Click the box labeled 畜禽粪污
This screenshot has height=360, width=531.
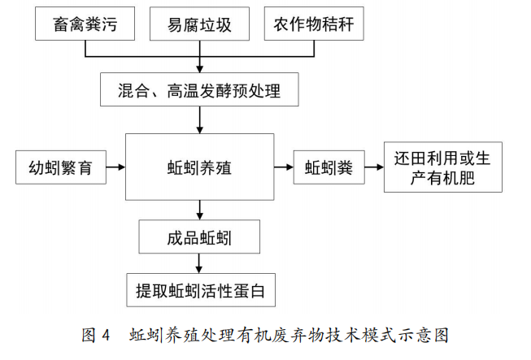[85, 25]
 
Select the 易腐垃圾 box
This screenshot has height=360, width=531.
[200, 25]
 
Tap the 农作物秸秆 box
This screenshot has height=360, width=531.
[313, 25]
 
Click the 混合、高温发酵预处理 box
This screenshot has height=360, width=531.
[200, 88]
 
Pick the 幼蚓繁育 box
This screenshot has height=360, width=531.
[60, 168]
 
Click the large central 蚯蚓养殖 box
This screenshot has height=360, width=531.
[200, 168]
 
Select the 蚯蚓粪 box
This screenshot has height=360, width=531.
[329, 168]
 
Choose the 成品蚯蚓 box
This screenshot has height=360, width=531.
[200, 238]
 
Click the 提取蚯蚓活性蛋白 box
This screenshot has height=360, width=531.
[200, 288]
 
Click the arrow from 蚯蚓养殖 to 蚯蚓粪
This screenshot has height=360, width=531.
[284, 168]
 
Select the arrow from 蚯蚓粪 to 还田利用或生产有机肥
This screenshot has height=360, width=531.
[373, 168]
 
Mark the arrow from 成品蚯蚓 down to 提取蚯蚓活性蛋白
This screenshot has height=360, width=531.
[200, 263]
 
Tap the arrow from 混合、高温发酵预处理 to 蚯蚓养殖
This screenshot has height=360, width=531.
[200, 119]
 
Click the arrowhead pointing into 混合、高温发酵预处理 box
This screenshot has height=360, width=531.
[200, 67]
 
